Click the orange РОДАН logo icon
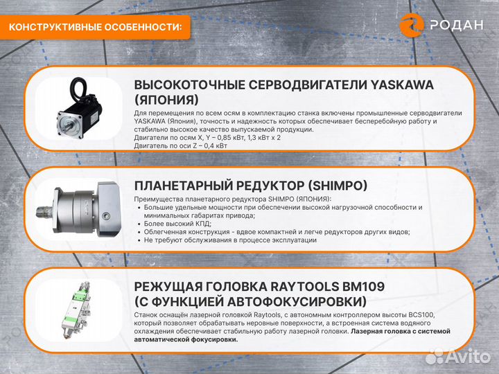coord(412,25)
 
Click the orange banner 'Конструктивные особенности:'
coord(98,27)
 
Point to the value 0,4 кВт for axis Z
coord(207,145)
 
